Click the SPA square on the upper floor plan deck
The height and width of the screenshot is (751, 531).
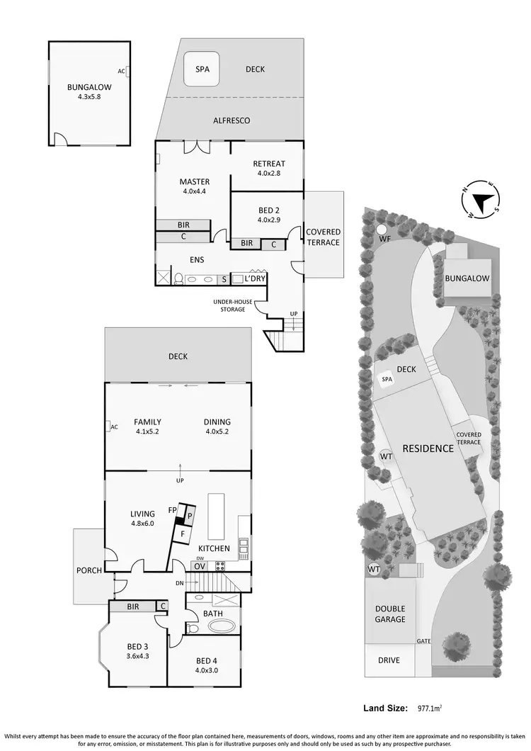click(201, 69)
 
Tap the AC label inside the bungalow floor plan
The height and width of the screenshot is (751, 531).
click(122, 71)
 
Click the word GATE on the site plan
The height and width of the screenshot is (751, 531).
click(423, 640)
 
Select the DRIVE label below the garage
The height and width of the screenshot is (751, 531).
click(389, 660)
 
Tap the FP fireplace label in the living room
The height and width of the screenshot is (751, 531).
click(172, 510)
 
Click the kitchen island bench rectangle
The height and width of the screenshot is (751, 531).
click(215, 517)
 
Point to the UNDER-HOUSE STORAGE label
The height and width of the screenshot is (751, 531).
click(233, 305)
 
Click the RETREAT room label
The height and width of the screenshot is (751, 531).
click(269, 164)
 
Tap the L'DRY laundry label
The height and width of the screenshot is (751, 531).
click(255, 279)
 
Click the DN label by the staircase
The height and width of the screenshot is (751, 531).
click(180, 583)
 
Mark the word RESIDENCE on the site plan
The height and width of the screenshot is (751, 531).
click(428, 448)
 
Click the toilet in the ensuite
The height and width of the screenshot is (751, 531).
click(180, 279)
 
